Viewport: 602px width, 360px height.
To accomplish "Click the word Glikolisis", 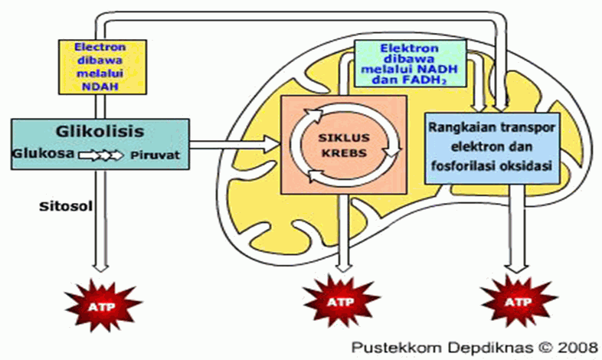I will click(x=99, y=131).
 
